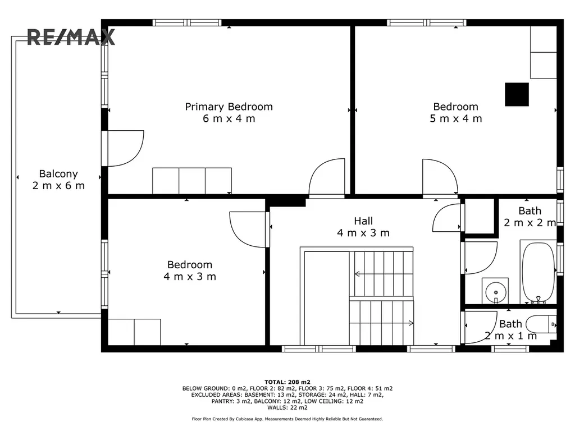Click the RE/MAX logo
(x=71, y=37)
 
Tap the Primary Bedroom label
(x=229, y=107)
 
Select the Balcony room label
(x=58, y=174)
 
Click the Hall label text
(x=363, y=221)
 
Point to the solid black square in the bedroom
(x=517, y=94)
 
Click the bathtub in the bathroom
(x=539, y=272)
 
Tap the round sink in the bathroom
(x=495, y=292)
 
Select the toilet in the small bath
(x=541, y=324)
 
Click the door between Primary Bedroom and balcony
(x=125, y=148)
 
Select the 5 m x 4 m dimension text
(x=456, y=118)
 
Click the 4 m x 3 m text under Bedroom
(x=190, y=276)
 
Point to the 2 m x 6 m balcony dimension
(x=58, y=185)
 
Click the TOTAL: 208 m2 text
(x=287, y=382)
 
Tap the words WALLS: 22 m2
(x=287, y=407)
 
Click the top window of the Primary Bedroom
(x=187, y=22)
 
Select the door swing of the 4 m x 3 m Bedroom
(x=248, y=230)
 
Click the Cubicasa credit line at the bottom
(x=287, y=419)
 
